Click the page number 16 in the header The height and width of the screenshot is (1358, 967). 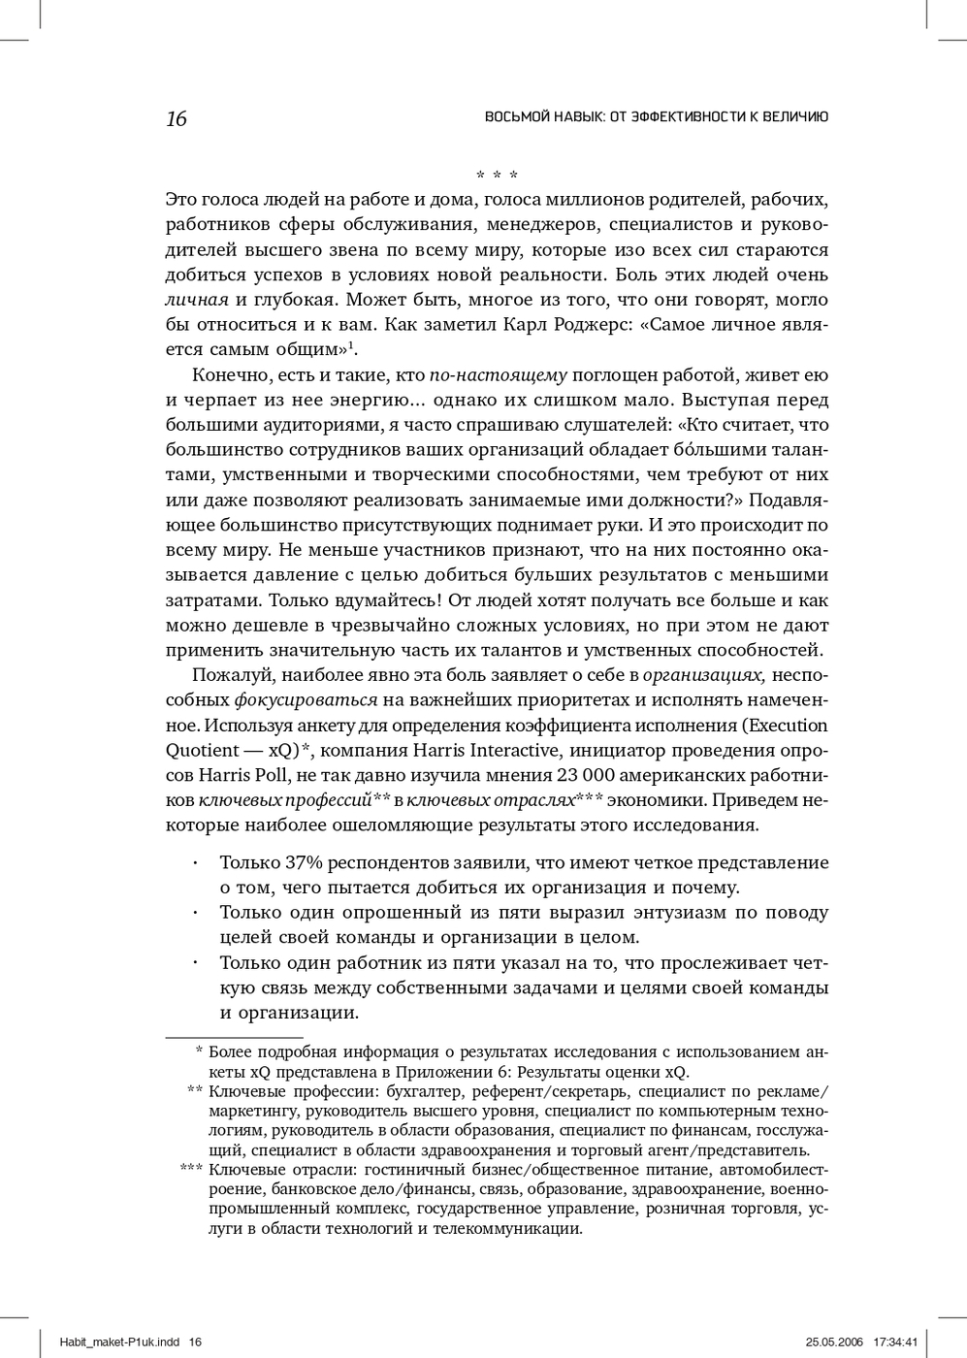click(x=176, y=119)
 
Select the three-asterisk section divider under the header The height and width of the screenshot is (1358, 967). click(x=497, y=176)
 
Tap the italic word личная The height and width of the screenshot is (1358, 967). click(x=197, y=300)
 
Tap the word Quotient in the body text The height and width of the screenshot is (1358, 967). click(x=203, y=751)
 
